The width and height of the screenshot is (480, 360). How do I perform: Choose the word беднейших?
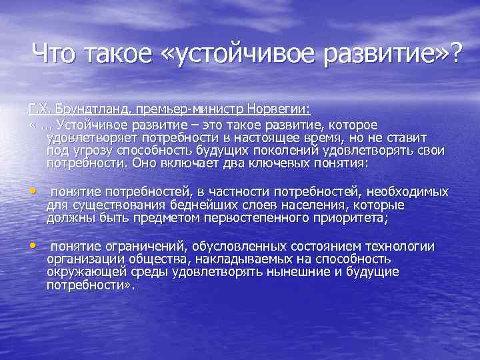197,204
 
